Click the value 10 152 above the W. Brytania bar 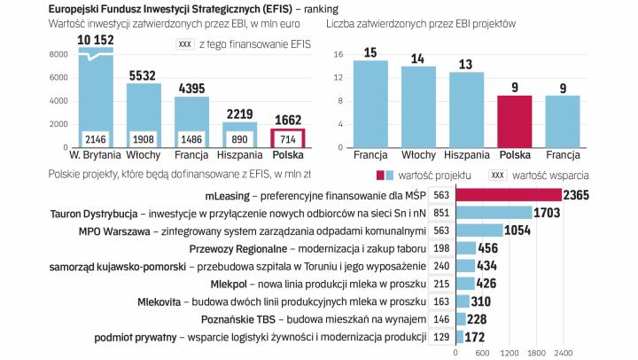pos(96,40)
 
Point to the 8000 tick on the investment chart pos(59,55)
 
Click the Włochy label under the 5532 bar pos(144,155)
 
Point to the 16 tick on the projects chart pos(338,55)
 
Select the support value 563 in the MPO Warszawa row pos(441,231)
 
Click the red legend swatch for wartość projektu pos(381,176)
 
